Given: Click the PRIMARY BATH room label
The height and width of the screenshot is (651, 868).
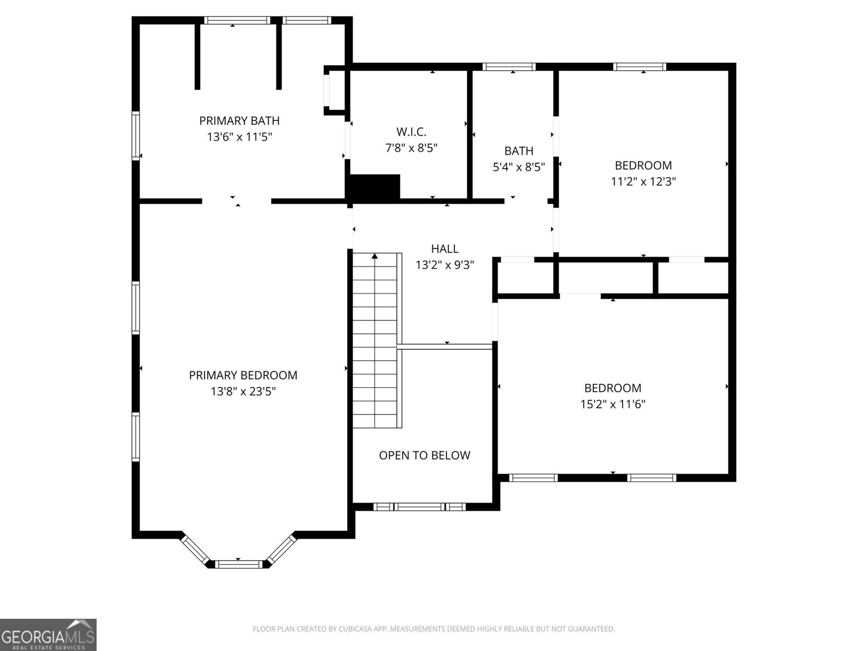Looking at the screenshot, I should pyautogui.click(x=239, y=120).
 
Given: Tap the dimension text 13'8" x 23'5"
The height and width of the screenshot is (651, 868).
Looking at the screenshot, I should pyautogui.click(x=243, y=391).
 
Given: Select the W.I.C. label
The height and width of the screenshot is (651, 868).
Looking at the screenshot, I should pyautogui.click(x=411, y=131).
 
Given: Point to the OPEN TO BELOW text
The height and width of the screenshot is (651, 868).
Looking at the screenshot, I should pyautogui.click(x=424, y=455).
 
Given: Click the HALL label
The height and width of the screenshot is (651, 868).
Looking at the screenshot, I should pyautogui.click(x=445, y=248).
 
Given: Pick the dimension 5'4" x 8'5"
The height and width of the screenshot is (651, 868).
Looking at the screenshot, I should pyautogui.click(x=519, y=167).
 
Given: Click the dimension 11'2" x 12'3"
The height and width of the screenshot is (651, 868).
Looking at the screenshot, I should pyautogui.click(x=643, y=181).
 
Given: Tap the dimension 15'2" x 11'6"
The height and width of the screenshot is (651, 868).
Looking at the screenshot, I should pyautogui.click(x=612, y=404).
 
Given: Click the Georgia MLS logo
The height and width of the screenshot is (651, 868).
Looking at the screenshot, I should pyautogui.click(x=48, y=634).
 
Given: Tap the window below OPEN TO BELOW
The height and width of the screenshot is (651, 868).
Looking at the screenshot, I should pyautogui.click(x=420, y=507).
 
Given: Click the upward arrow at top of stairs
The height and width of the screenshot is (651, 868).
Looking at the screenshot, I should pyautogui.click(x=374, y=256).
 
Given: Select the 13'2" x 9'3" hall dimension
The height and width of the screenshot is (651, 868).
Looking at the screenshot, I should pyautogui.click(x=445, y=265).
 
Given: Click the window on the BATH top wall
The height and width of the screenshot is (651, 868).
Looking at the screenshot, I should pyautogui.click(x=509, y=67).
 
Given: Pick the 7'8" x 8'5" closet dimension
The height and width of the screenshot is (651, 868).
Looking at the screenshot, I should pyautogui.click(x=411, y=148).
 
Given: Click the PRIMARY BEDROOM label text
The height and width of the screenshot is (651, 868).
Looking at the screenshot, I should pyautogui.click(x=243, y=375).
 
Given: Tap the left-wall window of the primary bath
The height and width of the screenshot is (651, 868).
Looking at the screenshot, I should pyautogui.click(x=136, y=136).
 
